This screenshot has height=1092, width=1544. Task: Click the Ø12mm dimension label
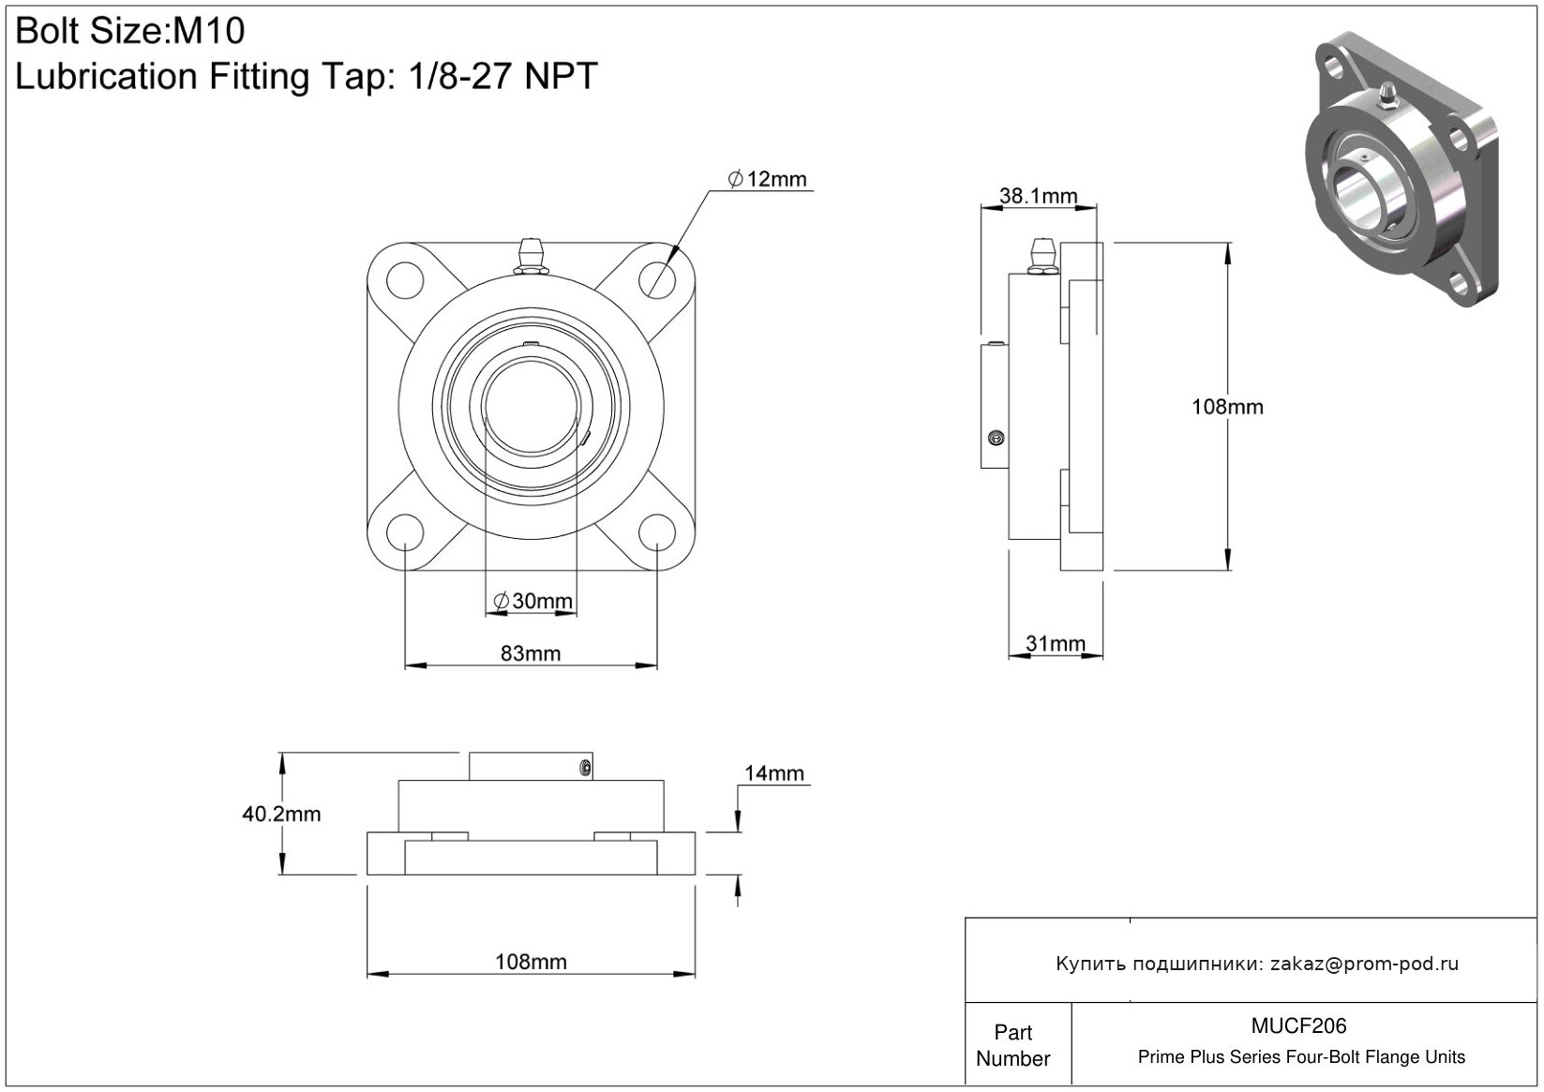click(768, 179)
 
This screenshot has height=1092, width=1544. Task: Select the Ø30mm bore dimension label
click(532, 601)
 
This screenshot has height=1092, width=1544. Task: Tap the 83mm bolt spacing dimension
click(531, 653)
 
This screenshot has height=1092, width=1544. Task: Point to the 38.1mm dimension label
click(1038, 196)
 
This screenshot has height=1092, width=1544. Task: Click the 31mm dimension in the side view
click(1055, 644)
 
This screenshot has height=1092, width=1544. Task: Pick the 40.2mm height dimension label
click(281, 814)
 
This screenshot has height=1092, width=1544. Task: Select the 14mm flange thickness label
click(774, 773)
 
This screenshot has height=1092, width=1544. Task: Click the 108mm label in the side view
click(1227, 407)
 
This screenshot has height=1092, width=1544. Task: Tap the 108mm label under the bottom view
click(531, 962)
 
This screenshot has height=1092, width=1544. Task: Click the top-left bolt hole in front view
click(404, 279)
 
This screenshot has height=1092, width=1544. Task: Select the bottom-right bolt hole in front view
click(656, 531)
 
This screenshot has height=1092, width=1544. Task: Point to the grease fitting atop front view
click(531, 256)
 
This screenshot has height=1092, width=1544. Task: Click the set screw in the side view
click(996, 438)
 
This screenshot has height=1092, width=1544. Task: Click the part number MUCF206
click(1298, 1025)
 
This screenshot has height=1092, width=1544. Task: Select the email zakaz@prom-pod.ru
click(1364, 964)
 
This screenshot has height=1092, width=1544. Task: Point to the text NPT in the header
click(561, 76)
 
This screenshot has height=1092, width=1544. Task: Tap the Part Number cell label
click(1013, 1045)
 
